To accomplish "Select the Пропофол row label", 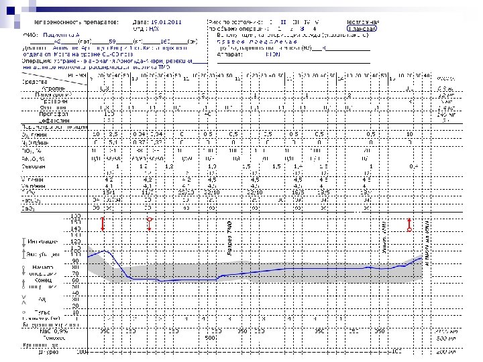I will click(54, 113).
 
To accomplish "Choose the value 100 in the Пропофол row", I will click(109, 114).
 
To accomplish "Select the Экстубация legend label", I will click(46, 255).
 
